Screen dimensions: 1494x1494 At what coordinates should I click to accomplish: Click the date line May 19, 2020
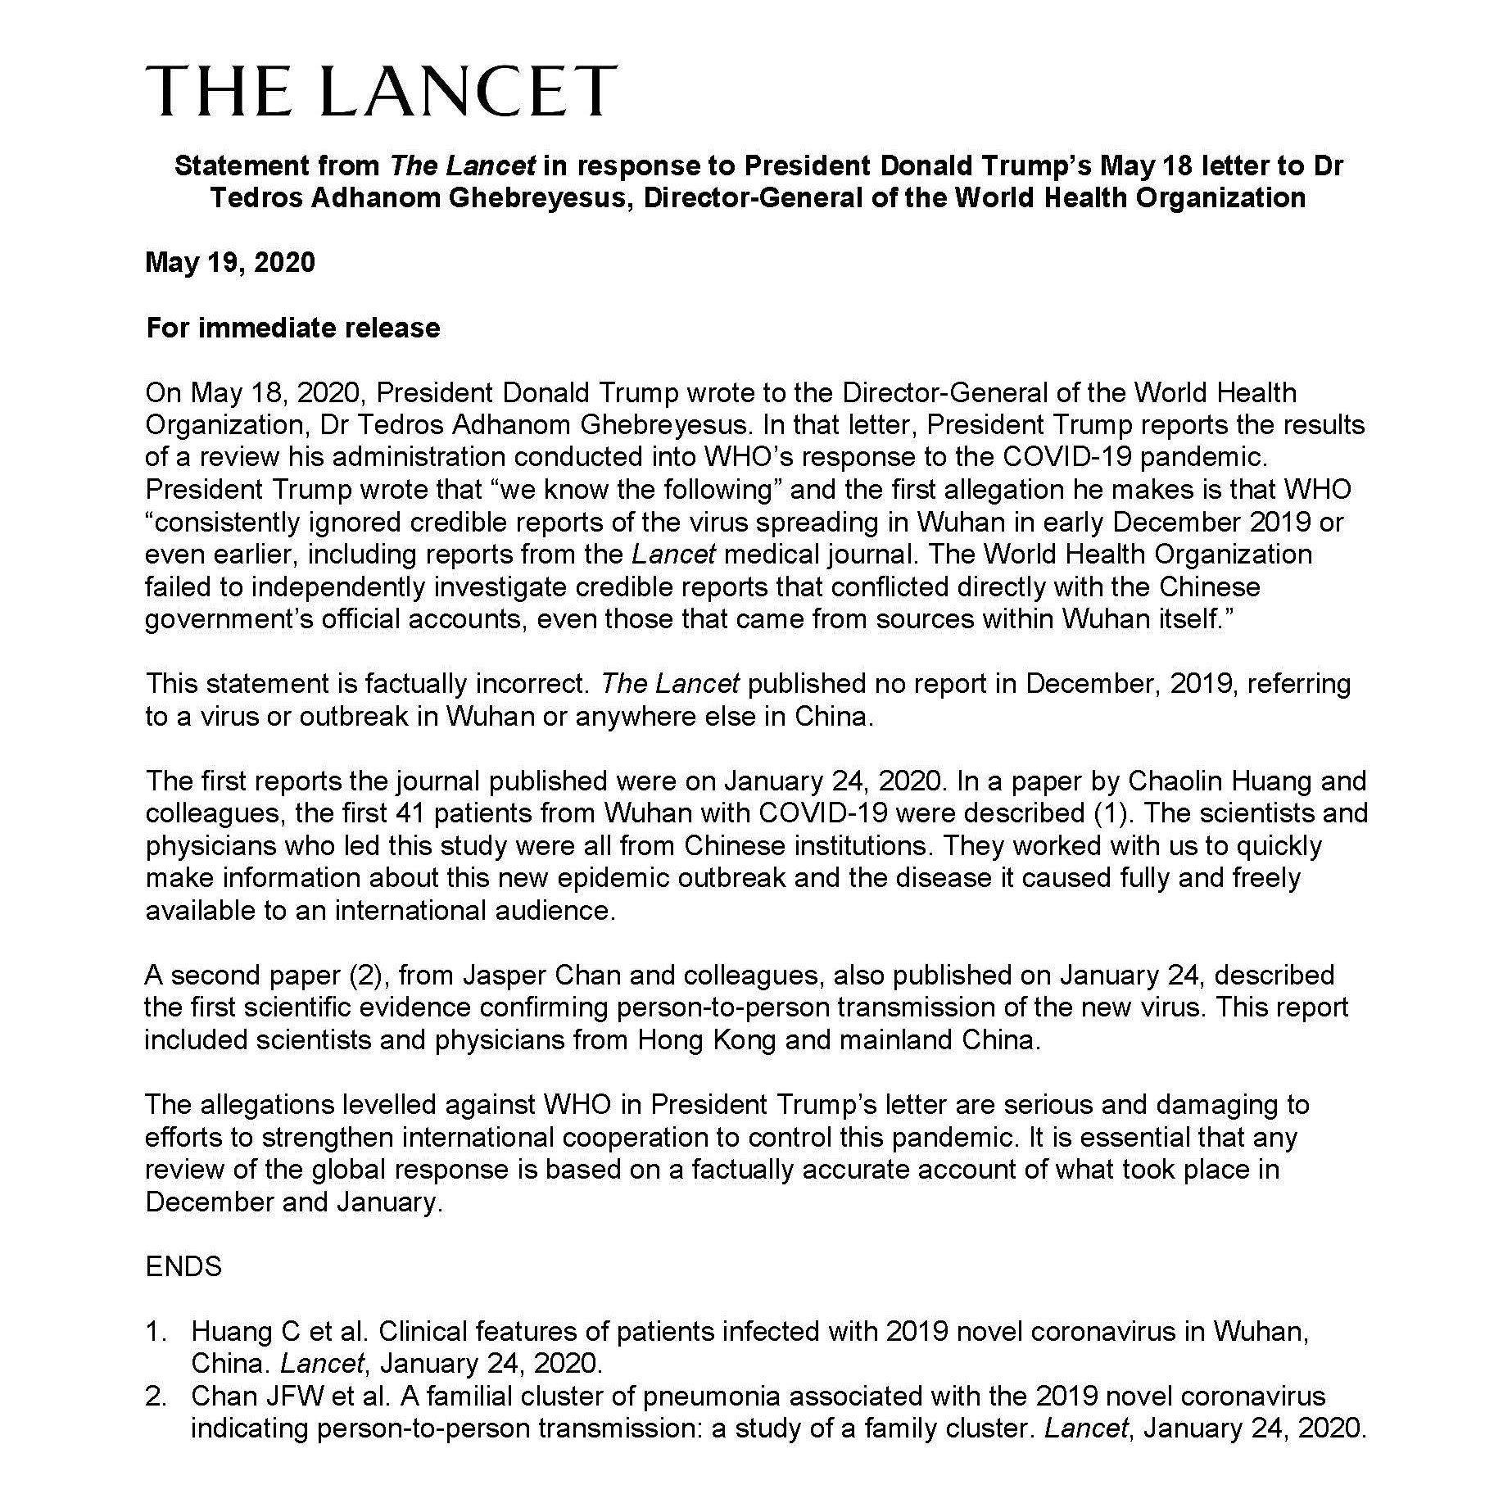(230, 263)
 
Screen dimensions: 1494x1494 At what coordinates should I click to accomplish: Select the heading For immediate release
(293, 328)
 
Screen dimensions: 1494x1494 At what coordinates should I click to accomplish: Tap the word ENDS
(183, 1266)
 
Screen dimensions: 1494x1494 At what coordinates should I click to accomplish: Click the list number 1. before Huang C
(156, 1332)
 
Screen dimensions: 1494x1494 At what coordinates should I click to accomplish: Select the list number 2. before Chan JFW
(156, 1397)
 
